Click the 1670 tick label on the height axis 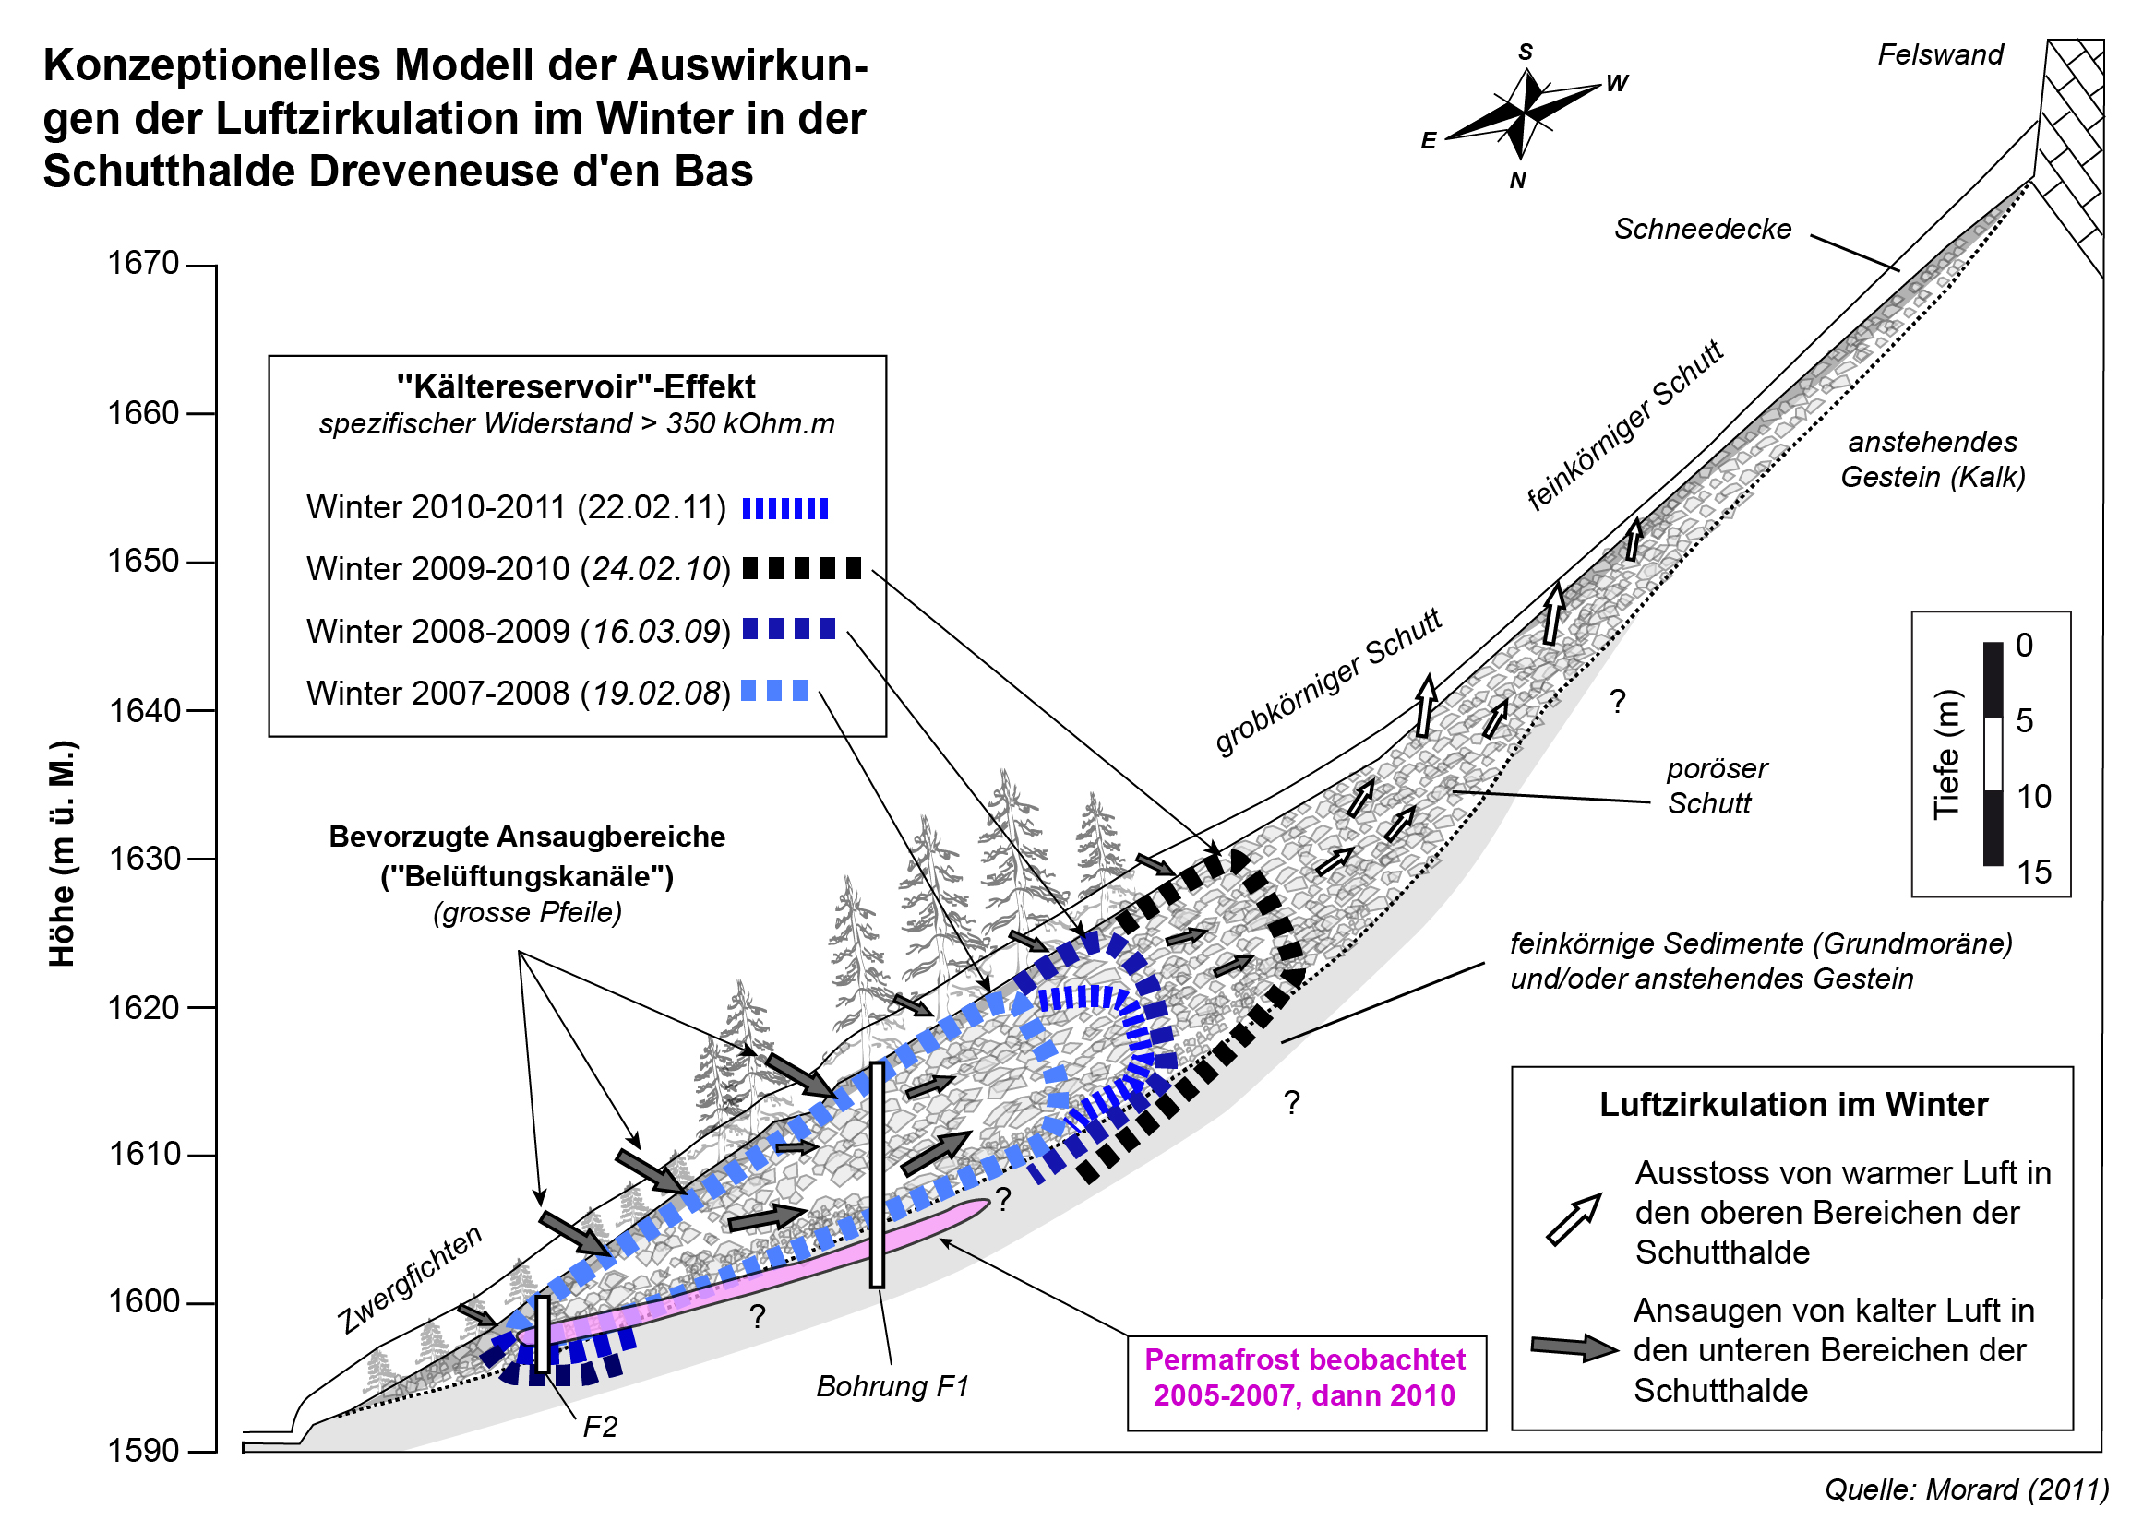coord(142,264)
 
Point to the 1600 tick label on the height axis coord(142,1302)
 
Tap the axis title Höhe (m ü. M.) coord(63,853)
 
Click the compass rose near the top coord(1524,113)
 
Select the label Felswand coord(1939,55)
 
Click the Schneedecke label coord(1701,229)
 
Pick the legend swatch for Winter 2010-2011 coord(784,509)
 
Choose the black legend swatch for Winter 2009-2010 coord(801,568)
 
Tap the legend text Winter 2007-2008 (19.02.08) coord(517,693)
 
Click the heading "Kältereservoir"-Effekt coord(576,387)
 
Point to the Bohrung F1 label coord(891,1386)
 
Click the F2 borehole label coord(599,1427)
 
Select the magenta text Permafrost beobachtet coord(1304,1359)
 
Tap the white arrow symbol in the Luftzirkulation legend coord(1574,1218)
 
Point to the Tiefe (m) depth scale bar coord(1993,754)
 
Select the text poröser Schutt coord(1716,786)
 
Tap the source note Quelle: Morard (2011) coord(1966,1490)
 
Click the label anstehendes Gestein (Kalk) coord(1932,459)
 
